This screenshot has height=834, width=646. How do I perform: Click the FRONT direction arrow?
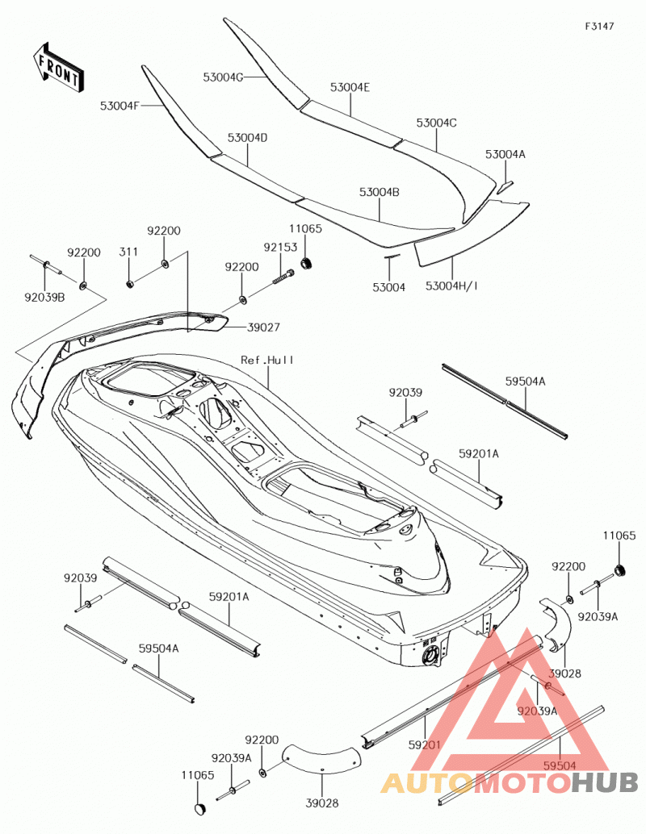pos(57,67)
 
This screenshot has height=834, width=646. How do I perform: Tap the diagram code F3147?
pos(599,26)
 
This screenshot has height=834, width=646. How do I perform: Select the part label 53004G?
pos(223,77)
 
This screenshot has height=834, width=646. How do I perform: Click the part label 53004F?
pos(120,106)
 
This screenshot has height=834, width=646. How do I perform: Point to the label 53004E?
pos(350,88)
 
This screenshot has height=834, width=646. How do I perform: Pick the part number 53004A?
pos(505,154)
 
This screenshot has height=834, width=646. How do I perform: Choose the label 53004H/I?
pos(451,286)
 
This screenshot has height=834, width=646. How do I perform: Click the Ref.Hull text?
pos(266,360)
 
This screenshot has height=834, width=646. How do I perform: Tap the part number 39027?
pos(263,327)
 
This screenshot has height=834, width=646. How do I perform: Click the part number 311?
pos(128,252)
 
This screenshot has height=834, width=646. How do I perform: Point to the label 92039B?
pos(44,298)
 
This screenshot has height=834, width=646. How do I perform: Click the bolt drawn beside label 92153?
pos(283,277)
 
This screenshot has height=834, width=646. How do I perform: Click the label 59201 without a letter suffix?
pos(425,745)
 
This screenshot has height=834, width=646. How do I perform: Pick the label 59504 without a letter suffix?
pos(560,765)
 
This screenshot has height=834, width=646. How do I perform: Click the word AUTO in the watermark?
pos(426,782)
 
